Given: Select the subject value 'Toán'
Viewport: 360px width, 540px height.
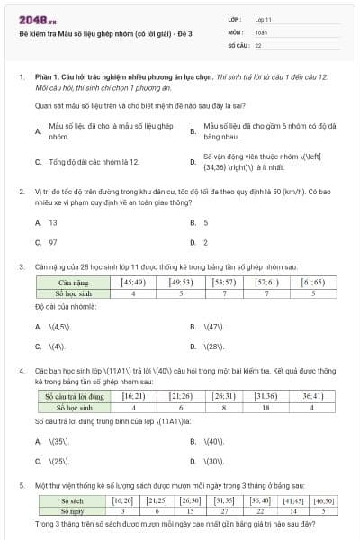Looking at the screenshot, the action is (260, 31).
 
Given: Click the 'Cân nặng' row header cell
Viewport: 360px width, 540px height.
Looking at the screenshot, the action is (72, 283).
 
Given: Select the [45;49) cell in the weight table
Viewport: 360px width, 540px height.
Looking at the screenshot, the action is (133, 283).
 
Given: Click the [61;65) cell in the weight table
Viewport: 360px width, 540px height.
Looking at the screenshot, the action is (313, 283).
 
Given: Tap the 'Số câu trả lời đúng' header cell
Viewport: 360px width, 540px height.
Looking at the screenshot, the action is (76, 396).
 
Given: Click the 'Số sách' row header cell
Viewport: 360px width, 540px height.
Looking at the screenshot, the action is (71, 500).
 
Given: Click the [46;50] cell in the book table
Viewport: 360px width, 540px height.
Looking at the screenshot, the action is (322, 500).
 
